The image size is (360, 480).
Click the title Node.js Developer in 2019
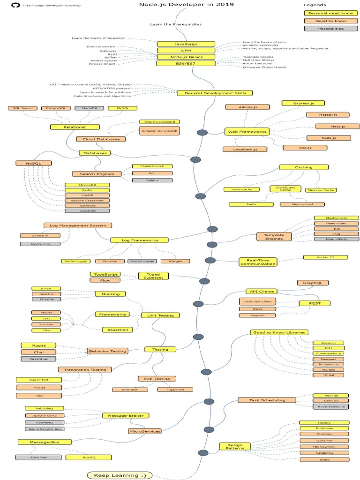[186, 5]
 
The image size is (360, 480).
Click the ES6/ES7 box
[186, 63]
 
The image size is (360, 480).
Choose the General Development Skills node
[215, 93]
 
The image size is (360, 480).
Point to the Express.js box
[303, 103]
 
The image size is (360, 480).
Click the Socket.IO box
[325, 257]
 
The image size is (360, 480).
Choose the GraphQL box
[313, 283]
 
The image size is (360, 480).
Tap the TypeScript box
[105, 274]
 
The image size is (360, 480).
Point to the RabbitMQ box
[44, 409]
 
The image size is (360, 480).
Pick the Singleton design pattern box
[324, 453]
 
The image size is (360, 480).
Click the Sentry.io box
[40, 235]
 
